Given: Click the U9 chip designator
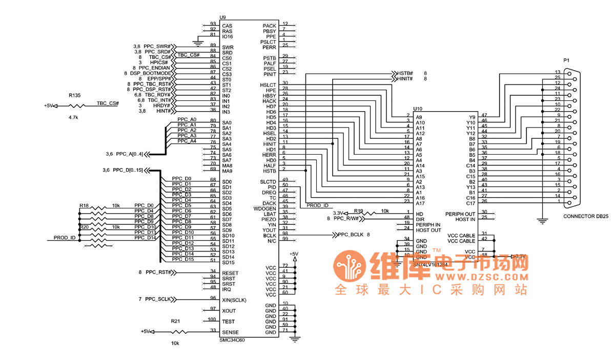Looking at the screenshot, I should click(x=222, y=17).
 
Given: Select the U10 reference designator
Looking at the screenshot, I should click(x=418, y=109).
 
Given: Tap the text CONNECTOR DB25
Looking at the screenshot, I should click(x=586, y=217).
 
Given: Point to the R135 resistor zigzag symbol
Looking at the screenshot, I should click(x=76, y=106).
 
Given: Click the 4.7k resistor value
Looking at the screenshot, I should click(x=73, y=117).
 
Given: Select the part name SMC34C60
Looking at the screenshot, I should click(x=232, y=340).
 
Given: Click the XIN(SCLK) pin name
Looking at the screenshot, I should click(x=234, y=300).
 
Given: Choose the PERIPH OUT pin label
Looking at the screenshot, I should click(x=460, y=214).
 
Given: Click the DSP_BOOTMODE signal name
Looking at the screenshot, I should click(x=152, y=74).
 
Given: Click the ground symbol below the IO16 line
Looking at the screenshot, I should click(x=200, y=41).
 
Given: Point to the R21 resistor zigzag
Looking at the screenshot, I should click(x=176, y=331).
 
